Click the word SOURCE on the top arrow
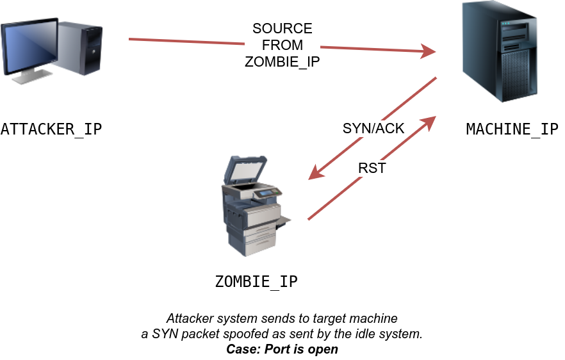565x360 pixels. (x=282, y=29)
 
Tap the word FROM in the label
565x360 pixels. (x=282, y=45)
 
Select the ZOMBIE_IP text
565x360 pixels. (x=282, y=62)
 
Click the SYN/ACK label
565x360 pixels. (x=373, y=128)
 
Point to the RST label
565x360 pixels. (x=372, y=169)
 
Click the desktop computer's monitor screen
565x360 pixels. (x=29, y=47)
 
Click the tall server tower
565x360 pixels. (x=501, y=51)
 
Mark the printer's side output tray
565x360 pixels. (x=283, y=221)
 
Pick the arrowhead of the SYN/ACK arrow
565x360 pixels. (x=315, y=174)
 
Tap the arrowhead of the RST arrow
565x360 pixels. (x=430, y=121)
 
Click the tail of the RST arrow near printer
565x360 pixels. (x=310, y=218)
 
